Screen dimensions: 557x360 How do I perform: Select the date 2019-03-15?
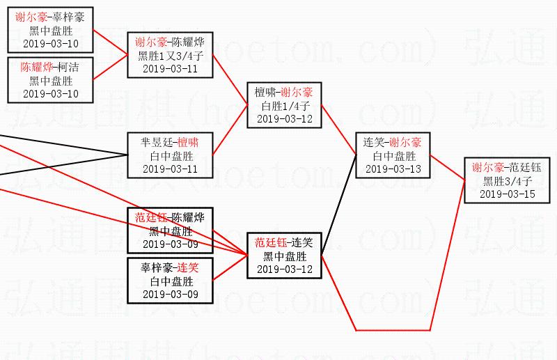click(507, 194)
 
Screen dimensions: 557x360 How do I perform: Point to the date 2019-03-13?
click(393, 169)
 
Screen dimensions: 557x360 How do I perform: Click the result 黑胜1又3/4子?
click(170, 56)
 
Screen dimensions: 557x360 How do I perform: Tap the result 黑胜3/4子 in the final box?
click(507, 180)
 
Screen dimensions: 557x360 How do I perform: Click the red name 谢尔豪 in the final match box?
click(487, 167)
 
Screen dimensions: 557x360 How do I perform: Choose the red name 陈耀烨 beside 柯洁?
click(37, 68)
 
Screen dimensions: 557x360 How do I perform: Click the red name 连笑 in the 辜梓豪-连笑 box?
click(187, 267)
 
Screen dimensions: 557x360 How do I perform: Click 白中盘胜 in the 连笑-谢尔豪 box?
click(393, 155)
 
